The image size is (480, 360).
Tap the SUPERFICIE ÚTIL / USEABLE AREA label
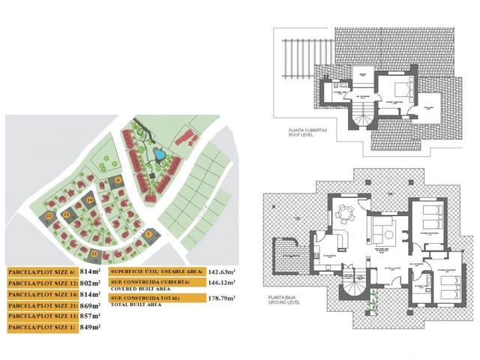click(156, 273)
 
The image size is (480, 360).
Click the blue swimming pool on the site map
click(160, 155)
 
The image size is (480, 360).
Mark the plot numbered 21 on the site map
click(49, 216)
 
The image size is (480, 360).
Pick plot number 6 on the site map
click(118, 181)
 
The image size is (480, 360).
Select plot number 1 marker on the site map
click(148, 235)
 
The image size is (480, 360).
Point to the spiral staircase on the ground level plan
click(355, 283)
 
